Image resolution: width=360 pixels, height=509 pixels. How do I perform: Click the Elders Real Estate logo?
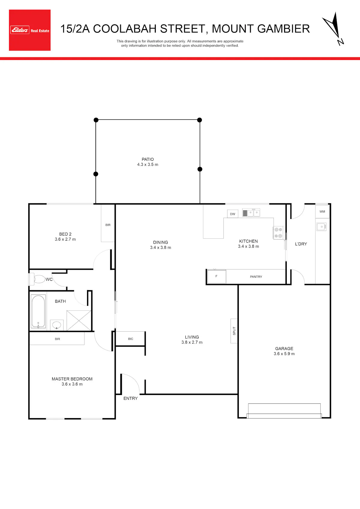(30, 30)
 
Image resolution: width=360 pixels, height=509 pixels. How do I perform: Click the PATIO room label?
(148, 159)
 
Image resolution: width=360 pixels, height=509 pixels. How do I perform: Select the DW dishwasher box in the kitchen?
(233, 214)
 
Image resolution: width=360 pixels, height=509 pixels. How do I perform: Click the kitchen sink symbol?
(251, 213)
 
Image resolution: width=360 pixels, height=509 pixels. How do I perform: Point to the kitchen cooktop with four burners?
(278, 233)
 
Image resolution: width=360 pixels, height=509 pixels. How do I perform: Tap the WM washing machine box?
(322, 211)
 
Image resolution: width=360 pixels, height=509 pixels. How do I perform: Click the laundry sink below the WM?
(321, 227)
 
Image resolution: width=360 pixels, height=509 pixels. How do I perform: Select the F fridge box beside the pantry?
(217, 276)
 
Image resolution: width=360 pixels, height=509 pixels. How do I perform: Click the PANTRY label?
(256, 277)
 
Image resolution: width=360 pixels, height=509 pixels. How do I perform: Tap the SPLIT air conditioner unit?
(234, 331)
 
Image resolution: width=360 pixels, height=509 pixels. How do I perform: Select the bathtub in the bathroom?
(38, 311)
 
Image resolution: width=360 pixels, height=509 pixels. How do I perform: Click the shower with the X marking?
(79, 320)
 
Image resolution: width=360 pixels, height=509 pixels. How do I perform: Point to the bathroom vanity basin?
(57, 325)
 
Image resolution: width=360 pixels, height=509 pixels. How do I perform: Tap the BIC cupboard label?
(130, 339)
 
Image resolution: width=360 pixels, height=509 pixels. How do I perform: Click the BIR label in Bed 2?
(108, 225)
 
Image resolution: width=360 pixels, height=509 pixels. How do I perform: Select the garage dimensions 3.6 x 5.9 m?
(284, 354)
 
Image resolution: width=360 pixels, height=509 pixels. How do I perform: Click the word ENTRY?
(130, 398)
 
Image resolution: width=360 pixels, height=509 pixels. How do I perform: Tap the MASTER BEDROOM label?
(72, 379)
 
